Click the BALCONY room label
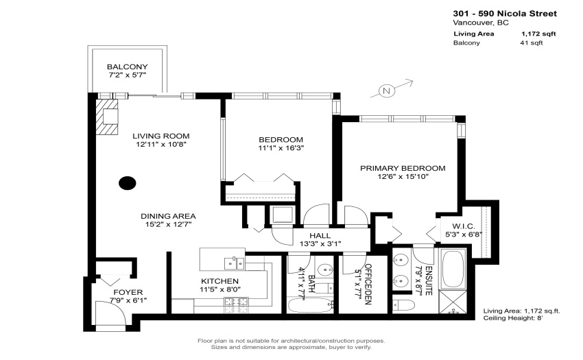[127, 67]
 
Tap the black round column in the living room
[127, 183]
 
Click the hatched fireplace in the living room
[107, 117]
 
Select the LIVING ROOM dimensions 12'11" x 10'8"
[161, 144]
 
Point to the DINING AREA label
[168, 216]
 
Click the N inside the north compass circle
[386, 91]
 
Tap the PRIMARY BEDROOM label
[403, 168]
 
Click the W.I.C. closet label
[464, 226]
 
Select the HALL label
[320, 235]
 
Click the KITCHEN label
[219, 281]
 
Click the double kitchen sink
[235, 263]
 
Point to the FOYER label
[128, 292]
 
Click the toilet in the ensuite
[404, 305]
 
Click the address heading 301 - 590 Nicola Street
[505, 14]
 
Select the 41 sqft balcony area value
[532, 43]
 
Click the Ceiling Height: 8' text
[513, 318]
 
